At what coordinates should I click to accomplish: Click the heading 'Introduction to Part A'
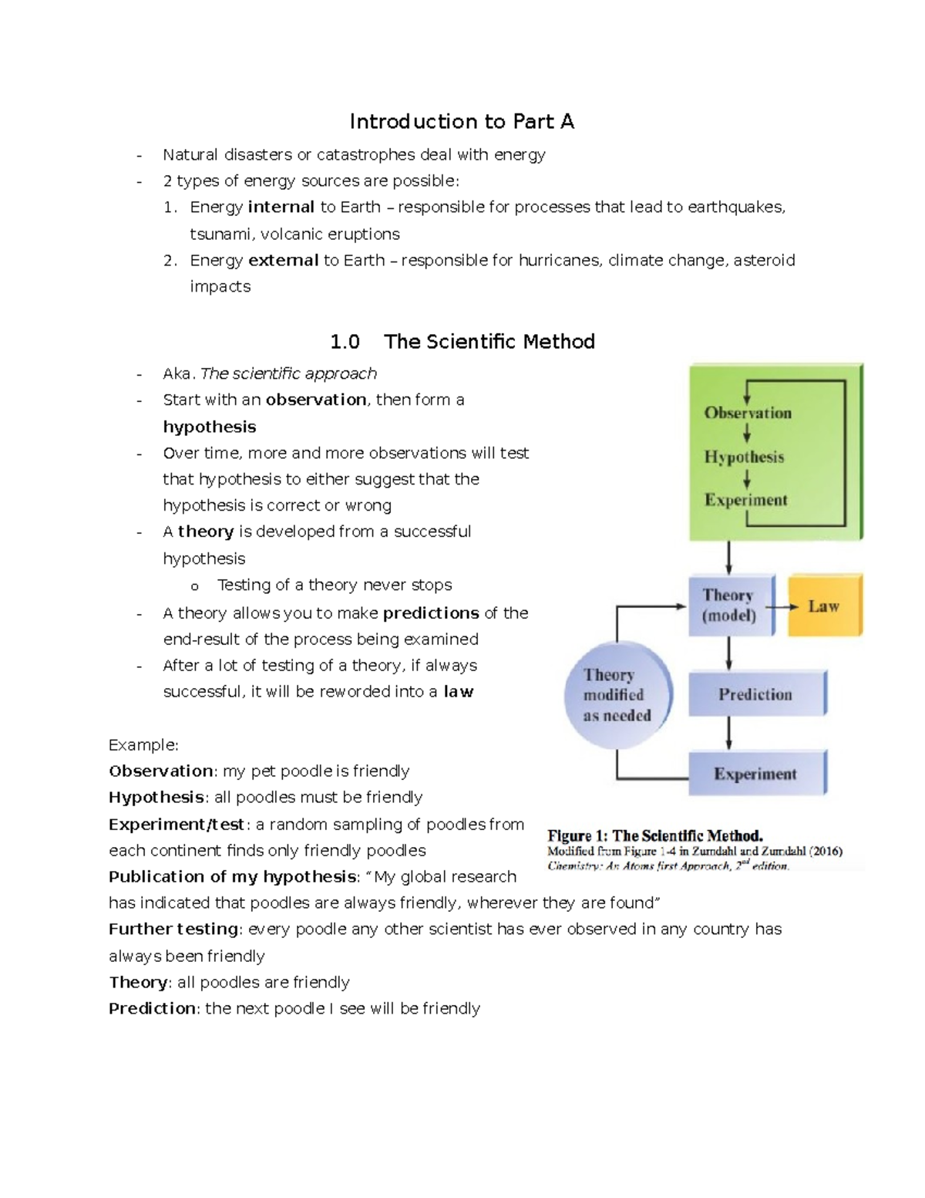pos(462,122)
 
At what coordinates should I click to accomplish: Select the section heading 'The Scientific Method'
pos(489,342)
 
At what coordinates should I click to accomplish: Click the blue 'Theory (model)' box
pos(729,606)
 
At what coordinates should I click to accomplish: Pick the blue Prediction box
pos(755,694)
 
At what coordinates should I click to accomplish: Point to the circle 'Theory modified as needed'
pos(617,695)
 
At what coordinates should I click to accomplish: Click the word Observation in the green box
pos(747,413)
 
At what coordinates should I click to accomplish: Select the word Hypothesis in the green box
pos(744,457)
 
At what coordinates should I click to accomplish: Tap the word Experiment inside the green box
pos(745,500)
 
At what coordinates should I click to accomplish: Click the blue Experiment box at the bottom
pos(755,774)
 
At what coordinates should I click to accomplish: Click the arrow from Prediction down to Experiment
pos(728,733)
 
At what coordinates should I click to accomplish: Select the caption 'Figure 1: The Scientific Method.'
pos(654,835)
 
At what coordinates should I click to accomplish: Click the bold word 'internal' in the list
pos(281,207)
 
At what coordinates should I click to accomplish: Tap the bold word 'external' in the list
pos(283,260)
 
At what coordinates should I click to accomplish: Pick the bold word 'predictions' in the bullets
pos(431,613)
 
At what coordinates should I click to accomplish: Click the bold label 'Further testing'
pos(173,929)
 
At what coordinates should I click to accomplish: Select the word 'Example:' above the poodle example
pos(143,745)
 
